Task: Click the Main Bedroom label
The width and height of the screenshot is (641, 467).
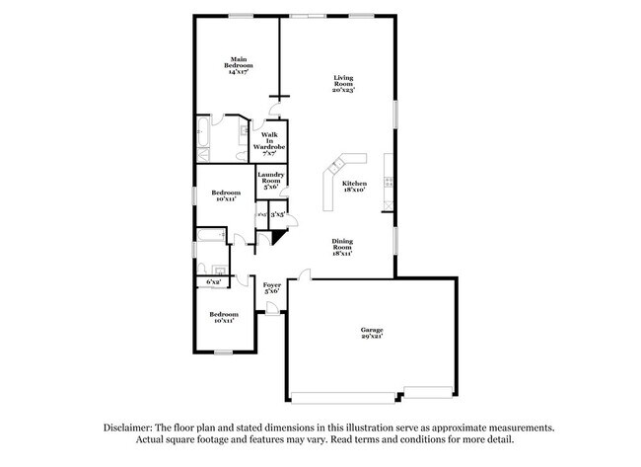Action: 238,64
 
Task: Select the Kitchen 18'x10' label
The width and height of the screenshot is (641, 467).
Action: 354,187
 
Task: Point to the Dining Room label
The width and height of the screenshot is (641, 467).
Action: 342,249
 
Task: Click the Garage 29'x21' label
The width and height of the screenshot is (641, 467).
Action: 371,333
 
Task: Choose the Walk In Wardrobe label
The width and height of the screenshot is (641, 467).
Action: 268,143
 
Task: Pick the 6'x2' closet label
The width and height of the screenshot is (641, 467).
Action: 213,282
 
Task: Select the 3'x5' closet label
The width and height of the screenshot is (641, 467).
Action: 278,214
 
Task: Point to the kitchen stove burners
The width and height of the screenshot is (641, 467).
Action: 389,182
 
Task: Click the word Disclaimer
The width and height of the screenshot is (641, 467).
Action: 135,428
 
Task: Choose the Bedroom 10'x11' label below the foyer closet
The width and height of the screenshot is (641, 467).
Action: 222,317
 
